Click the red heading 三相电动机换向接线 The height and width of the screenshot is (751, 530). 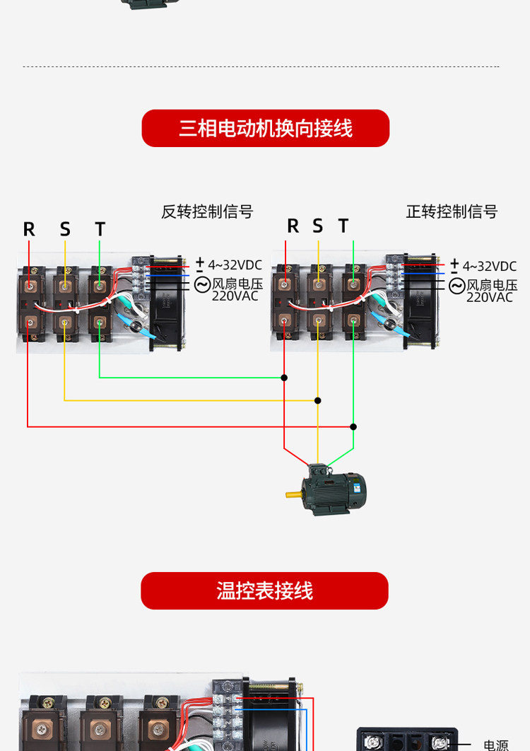click(x=265, y=129)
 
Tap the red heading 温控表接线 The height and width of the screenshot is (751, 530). click(x=264, y=591)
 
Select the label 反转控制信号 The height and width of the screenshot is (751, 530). click(x=207, y=211)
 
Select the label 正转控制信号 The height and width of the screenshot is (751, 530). click(x=452, y=211)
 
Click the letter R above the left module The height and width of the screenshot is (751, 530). click(x=29, y=229)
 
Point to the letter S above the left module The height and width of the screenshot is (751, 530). click(x=65, y=229)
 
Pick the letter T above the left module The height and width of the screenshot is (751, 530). click(x=100, y=229)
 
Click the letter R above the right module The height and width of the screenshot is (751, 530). click(x=293, y=226)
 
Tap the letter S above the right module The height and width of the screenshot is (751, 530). click(x=318, y=226)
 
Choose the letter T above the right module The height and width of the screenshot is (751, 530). click(x=343, y=226)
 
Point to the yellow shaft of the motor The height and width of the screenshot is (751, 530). click(x=293, y=493)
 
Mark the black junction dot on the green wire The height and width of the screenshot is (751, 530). click(x=284, y=378)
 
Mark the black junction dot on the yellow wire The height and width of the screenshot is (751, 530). click(x=318, y=400)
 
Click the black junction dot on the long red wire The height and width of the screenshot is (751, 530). click(x=353, y=426)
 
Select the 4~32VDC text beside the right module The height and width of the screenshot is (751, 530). click(x=489, y=267)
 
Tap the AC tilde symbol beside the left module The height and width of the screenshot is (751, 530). click(x=202, y=284)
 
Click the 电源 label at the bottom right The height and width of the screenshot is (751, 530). click(x=495, y=745)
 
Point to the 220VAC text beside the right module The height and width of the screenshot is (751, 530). click(x=489, y=298)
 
